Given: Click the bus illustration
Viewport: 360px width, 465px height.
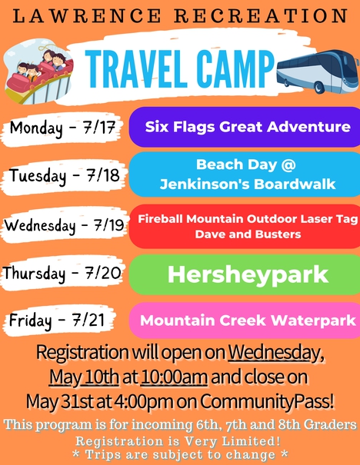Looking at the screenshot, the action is pyautogui.click(x=318, y=71).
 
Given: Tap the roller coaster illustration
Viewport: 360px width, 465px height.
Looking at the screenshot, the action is pyautogui.click(x=38, y=73).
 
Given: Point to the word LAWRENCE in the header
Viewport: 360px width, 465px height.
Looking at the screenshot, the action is pyautogui.click(x=87, y=16).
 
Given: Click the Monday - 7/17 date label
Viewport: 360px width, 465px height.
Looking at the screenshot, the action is pyautogui.click(x=62, y=128).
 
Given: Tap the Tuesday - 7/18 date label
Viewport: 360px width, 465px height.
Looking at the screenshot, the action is pyautogui.click(x=64, y=175).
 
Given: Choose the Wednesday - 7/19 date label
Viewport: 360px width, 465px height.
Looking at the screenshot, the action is pyautogui.click(x=64, y=225).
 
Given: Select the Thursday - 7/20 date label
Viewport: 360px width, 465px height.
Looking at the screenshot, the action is pyautogui.click(x=62, y=273).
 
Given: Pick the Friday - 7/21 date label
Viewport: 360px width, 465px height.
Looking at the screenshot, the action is pyautogui.click(x=57, y=321).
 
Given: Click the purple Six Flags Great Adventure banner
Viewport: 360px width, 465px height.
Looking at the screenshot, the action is pyautogui.click(x=245, y=127).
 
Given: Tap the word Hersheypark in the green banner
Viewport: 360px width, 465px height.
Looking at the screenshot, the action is pyautogui.click(x=248, y=275).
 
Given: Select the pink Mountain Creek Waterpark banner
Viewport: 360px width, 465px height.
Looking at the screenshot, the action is pyautogui.click(x=245, y=321).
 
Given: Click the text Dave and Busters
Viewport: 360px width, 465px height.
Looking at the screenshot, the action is pyautogui.click(x=248, y=234).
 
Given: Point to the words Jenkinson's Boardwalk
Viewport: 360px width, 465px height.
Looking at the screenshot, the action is pyautogui.click(x=248, y=184).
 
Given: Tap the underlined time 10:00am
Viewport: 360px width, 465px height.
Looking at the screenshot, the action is pyautogui.click(x=174, y=377).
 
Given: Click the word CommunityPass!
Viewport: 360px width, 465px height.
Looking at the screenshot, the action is pyautogui.click(x=267, y=402).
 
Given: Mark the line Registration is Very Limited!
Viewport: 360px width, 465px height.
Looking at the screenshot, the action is pyautogui.click(x=178, y=441).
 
